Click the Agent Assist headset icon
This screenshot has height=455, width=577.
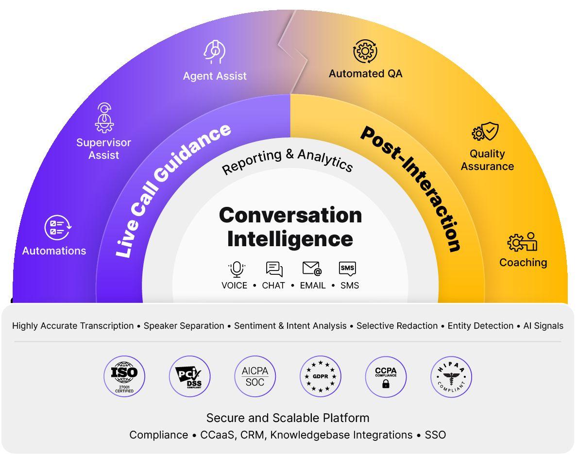tap(214, 52)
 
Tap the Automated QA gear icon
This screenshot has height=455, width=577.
tap(365, 51)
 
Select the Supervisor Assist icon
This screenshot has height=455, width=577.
tap(104, 118)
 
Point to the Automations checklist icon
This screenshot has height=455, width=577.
tap(58, 228)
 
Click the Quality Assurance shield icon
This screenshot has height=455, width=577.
tap(485, 131)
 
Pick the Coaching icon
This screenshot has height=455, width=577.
tap(522, 242)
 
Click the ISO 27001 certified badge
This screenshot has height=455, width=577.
tap(124, 376)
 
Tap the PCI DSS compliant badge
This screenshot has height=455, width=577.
tap(189, 376)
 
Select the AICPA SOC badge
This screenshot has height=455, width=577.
tap(255, 376)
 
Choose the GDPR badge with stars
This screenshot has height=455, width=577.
tap(321, 376)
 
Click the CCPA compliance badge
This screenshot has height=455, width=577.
tap(386, 376)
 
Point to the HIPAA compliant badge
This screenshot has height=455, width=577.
tap(451, 376)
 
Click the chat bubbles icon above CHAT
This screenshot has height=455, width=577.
tap(274, 269)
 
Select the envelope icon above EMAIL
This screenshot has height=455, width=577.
tap(312, 269)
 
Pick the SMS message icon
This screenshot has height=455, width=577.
tap(347, 269)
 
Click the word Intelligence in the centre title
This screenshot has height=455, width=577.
tap(290, 239)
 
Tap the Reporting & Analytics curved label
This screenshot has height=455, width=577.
tap(288, 160)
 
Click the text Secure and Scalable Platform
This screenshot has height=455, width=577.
tap(288, 418)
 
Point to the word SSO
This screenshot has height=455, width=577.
tap(435, 435)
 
